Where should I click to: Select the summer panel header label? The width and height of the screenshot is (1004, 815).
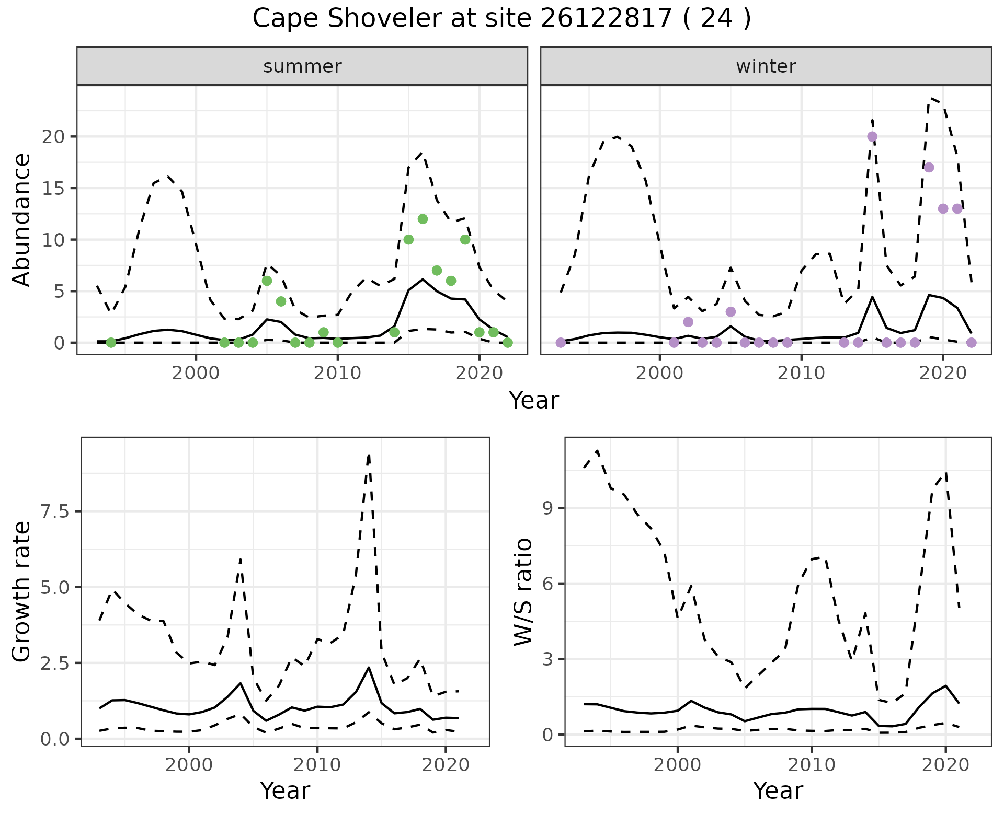coord(302,66)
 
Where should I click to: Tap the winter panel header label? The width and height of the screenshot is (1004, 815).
coord(766,66)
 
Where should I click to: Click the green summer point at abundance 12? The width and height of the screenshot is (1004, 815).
coord(423,219)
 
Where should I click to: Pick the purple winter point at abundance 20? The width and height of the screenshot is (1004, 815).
coord(872,137)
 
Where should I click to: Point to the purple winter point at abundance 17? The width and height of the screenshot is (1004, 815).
coord(929,168)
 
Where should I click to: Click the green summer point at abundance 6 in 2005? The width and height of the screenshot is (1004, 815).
coord(267,281)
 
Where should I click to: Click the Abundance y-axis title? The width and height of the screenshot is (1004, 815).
coord(22,219)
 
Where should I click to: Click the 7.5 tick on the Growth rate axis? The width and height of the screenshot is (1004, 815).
coord(54,511)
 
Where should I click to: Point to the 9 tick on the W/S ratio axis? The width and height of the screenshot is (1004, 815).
coord(548,508)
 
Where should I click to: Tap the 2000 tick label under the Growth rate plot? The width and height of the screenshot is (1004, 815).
coord(189,765)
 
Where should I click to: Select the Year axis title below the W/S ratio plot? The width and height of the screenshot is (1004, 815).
coord(778,790)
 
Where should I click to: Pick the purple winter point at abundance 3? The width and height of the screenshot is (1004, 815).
coord(731,312)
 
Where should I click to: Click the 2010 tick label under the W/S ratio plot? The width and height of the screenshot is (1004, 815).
coord(811,765)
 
